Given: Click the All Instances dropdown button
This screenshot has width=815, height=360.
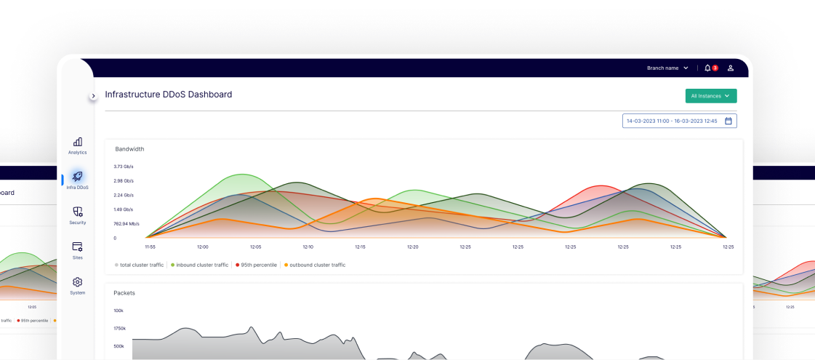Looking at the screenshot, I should [x=710, y=96].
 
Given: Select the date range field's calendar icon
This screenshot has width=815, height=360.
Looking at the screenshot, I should [x=728, y=121].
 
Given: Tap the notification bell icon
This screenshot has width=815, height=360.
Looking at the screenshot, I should [x=707, y=68].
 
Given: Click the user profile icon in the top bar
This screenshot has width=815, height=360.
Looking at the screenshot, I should [x=731, y=68].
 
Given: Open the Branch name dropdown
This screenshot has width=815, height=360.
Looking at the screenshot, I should [x=667, y=68].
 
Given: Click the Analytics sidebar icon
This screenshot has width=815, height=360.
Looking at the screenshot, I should [x=78, y=142].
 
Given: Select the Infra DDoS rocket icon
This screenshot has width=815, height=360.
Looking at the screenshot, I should [x=78, y=177].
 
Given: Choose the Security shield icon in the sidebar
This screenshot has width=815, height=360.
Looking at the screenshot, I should [x=78, y=212].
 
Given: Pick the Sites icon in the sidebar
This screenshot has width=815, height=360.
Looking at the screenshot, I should [x=78, y=247].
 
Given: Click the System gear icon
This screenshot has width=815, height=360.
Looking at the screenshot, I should [x=78, y=281].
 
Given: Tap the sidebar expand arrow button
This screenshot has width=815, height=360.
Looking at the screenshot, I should [x=93, y=96].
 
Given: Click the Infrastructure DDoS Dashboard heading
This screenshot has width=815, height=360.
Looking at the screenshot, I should [x=169, y=95].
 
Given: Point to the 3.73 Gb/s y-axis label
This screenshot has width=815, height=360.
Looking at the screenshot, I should [x=124, y=167].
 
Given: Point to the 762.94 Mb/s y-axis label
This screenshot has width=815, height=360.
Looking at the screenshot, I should [x=127, y=223].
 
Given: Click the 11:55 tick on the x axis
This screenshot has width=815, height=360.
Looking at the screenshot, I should [x=150, y=247].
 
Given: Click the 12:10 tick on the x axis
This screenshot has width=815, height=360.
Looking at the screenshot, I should [x=308, y=247].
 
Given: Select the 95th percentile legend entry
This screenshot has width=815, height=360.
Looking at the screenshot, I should [x=256, y=265].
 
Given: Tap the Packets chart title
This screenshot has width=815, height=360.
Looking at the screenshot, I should [x=124, y=292].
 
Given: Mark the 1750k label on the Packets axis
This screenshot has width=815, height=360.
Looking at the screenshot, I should [x=120, y=328].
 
